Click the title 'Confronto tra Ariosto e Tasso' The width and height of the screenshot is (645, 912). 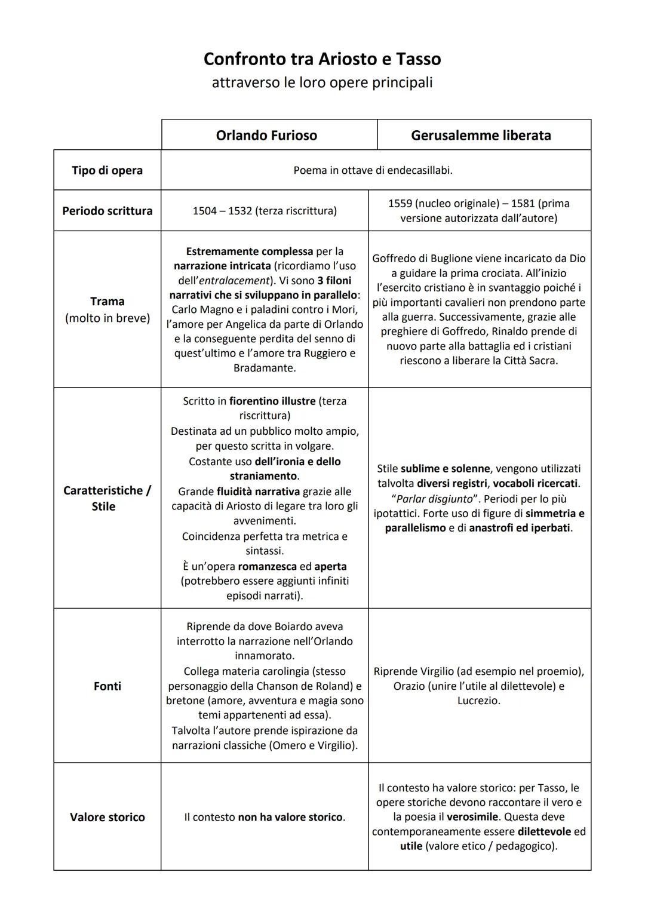[x=322, y=59]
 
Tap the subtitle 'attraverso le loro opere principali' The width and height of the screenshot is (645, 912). [x=322, y=82]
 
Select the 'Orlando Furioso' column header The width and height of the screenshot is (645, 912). [x=266, y=136]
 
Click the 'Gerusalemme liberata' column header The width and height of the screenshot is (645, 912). [x=481, y=136]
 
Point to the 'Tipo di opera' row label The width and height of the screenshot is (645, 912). [x=107, y=170]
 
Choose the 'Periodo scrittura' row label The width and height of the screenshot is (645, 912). [x=107, y=211]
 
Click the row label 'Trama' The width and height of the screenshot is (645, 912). [x=107, y=301]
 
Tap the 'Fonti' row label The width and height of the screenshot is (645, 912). [x=107, y=686]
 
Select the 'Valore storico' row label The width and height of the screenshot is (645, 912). [x=107, y=817]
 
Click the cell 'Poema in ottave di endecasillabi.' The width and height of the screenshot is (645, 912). [x=373, y=170]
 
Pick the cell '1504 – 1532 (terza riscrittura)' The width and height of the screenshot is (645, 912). [x=265, y=211]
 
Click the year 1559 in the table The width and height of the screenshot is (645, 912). [x=400, y=204]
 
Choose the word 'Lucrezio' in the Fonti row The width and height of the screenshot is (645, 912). [x=478, y=701]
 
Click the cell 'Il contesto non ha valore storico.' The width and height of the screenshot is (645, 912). [x=265, y=817]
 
